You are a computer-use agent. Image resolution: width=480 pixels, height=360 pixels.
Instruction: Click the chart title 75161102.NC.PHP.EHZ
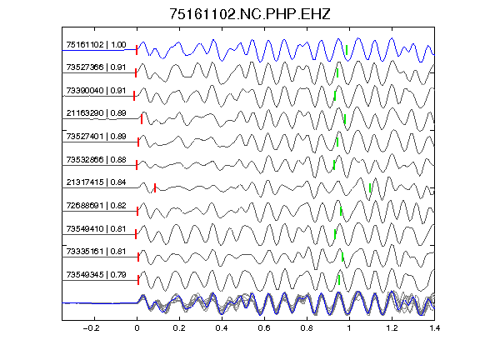[x=250, y=14]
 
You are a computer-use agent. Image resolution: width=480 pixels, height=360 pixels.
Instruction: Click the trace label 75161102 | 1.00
[x=96, y=45]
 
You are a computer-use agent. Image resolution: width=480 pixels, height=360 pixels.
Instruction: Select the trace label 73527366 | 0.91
[x=96, y=67]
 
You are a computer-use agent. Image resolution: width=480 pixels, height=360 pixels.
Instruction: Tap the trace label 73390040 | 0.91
[x=96, y=91]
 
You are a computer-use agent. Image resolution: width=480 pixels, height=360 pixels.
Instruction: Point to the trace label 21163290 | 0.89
[x=96, y=113]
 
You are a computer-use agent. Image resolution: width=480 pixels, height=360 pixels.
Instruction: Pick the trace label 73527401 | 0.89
[x=96, y=137]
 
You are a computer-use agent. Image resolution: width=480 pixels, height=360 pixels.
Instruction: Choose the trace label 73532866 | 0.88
[x=96, y=160]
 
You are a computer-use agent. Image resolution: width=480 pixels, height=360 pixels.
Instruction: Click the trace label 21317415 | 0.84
[x=96, y=182]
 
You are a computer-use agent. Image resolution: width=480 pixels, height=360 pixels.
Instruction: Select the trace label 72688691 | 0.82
[x=96, y=206]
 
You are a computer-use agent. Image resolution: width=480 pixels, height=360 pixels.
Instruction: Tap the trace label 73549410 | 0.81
[x=96, y=229]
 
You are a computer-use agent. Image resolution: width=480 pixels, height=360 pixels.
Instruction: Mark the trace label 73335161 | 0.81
[x=96, y=252]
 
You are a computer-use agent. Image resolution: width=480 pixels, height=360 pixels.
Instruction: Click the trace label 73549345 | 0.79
[x=96, y=275]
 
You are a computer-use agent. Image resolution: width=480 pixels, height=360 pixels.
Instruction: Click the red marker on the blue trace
[x=137, y=50]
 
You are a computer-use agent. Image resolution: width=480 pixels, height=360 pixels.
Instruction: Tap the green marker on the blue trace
[x=347, y=50]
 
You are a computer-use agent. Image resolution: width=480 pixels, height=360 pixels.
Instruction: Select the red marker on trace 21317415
[x=155, y=188]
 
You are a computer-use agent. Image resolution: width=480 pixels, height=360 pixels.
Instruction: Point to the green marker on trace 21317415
[x=370, y=188]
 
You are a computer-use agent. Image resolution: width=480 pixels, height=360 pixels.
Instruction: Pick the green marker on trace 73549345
[x=339, y=280]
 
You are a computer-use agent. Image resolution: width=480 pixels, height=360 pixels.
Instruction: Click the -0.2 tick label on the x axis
[x=91, y=328]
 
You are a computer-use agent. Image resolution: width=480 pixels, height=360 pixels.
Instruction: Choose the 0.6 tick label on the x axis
[x=264, y=328]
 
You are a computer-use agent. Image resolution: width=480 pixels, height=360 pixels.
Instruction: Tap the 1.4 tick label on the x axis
[x=434, y=328]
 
